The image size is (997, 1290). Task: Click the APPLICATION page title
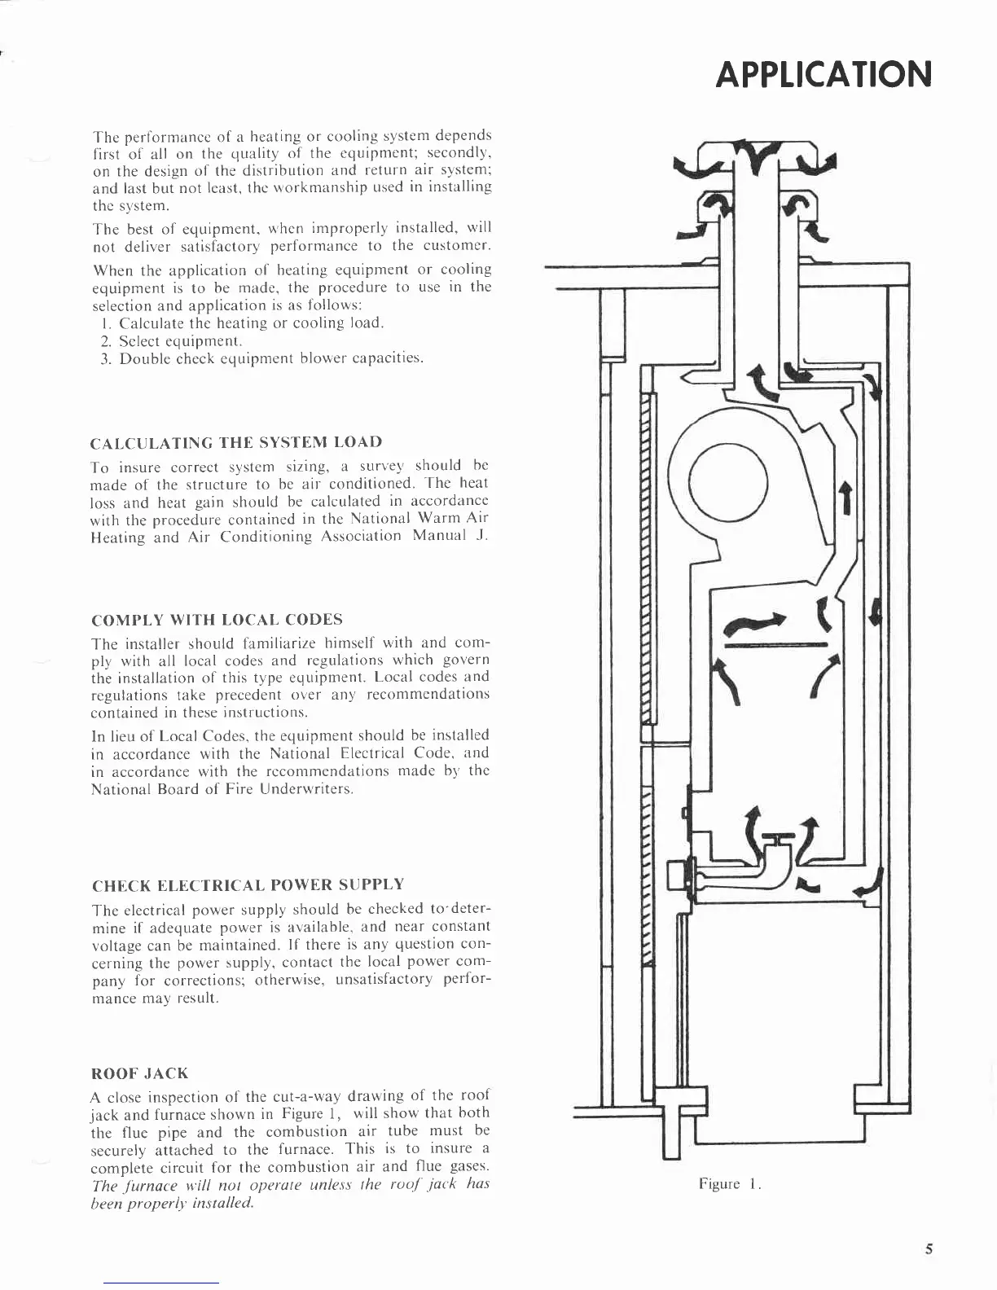pos(823,75)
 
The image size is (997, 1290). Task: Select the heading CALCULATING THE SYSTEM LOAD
pos(236,442)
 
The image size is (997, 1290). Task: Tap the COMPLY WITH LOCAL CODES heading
pos(217,619)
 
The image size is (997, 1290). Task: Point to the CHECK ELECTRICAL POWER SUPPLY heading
pos(248,884)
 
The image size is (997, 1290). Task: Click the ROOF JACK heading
pos(140,1073)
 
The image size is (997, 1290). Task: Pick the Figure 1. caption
pos(729,1183)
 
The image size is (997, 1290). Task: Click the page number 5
pos(929,1249)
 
